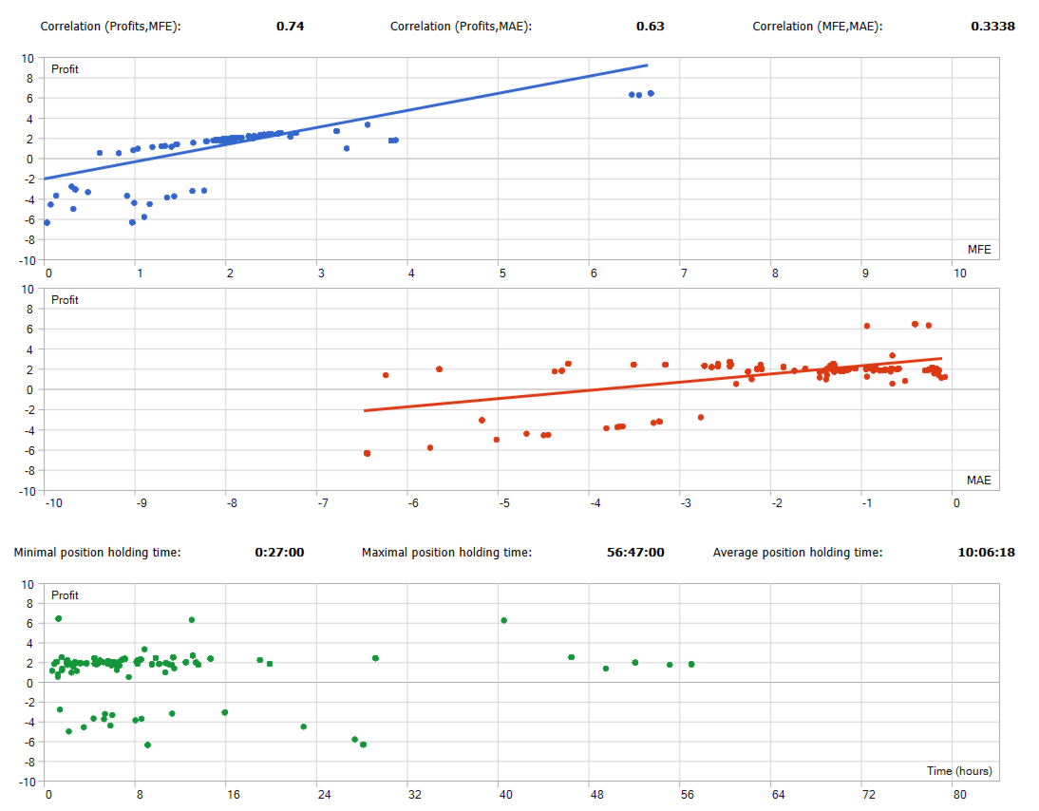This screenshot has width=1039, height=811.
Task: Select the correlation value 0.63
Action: pos(650,27)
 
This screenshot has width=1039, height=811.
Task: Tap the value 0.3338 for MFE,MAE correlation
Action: pos(992,27)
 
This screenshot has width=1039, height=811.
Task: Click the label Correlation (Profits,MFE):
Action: pos(110,27)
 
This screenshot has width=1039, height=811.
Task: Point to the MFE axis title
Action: pos(979,250)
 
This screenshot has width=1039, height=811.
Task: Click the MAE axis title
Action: pos(978,481)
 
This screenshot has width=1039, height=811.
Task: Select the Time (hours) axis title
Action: pos(959,771)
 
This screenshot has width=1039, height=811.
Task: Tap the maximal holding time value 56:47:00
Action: pos(635,553)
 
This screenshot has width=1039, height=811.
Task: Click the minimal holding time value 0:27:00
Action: pos(279,553)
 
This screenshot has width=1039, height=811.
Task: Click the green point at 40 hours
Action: pos(504,620)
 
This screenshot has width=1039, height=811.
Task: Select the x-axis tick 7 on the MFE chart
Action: pos(682,273)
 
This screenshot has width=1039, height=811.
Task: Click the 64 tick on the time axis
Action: pos(778,795)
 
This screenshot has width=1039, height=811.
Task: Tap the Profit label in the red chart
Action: pos(65,300)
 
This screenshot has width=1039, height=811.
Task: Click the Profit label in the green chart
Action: pos(65,595)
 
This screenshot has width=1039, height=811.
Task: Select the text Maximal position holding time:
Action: pos(446,553)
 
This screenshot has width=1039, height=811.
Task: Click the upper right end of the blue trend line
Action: pos(647,66)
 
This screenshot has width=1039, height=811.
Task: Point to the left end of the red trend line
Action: pos(365,411)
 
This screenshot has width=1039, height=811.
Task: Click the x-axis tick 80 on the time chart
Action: pos(960,795)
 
